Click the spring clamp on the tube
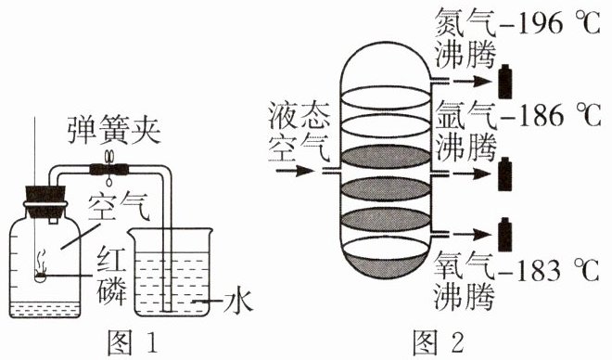109,168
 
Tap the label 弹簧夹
114,131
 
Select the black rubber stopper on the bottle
45,202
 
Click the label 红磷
112,275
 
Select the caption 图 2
439,342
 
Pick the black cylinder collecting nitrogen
505,82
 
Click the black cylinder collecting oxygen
505,234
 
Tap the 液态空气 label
300,133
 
